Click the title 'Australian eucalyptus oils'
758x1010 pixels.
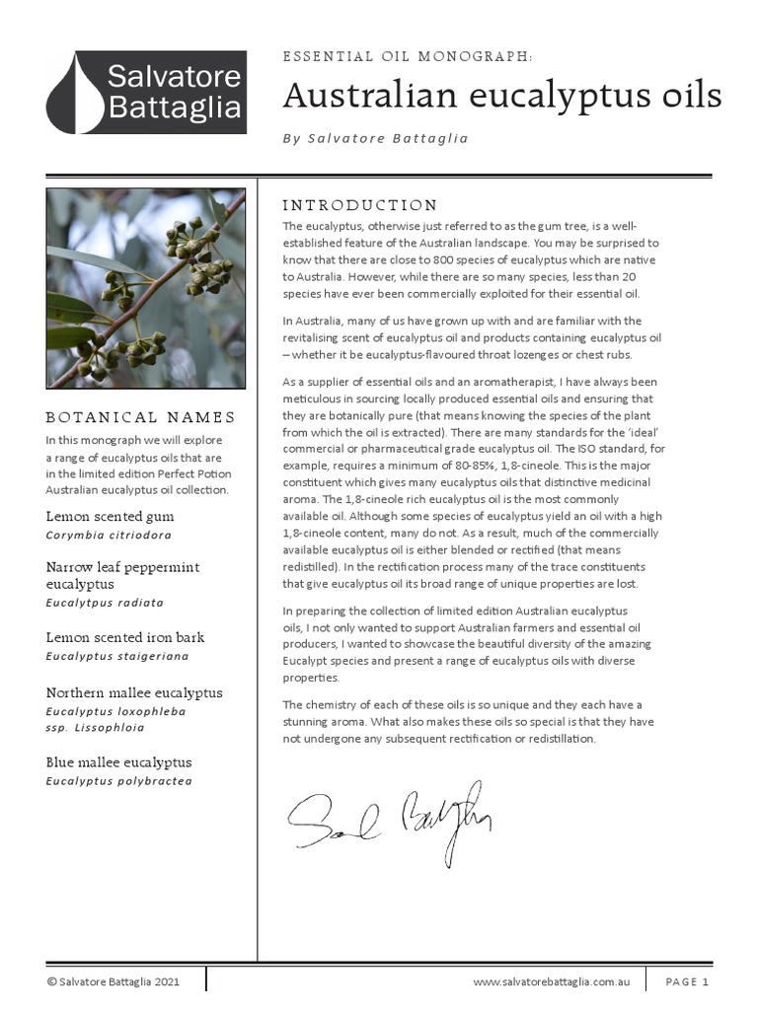pyautogui.click(x=502, y=97)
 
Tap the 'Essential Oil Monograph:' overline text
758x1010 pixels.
pyautogui.click(x=408, y=57)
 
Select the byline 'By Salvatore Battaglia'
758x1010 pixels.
pyautogui.click(x=376, y=139)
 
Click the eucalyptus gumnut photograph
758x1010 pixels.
pyautogui.click(x=146, y=289)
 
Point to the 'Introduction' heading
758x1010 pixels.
pyautogui.click(x=360, y=205)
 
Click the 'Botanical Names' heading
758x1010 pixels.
pyautogui.click(x=141, y=417)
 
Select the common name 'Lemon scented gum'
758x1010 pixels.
pyautogui.click(x=111, y=517)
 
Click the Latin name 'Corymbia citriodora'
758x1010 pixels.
pyautogui.click(x=109, y=536)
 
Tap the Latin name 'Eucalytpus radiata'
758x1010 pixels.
pyautogui.click(x=106, y=603)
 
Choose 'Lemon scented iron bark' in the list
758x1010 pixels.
pyautogui.click(x=125, y=637)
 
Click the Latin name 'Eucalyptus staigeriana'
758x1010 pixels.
pyautogui.click(x=117, y=656)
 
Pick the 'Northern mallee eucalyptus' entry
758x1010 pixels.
pyautogui.click(x=134, y=692)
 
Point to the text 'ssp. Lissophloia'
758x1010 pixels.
pyautogui.click(x=95, y=728)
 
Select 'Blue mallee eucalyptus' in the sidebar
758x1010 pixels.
pyautogui.click(x=119, y=762)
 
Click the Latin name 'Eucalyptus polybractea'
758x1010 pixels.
pyautogui.click(x=119, y=781)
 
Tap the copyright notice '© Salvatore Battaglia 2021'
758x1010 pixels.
pyautogui.click(x=114, y=981)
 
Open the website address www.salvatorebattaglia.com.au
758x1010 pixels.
pyautogui.click(x=551, y=981)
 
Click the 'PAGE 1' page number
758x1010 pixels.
pyautogui.click(x=688, y=981)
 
